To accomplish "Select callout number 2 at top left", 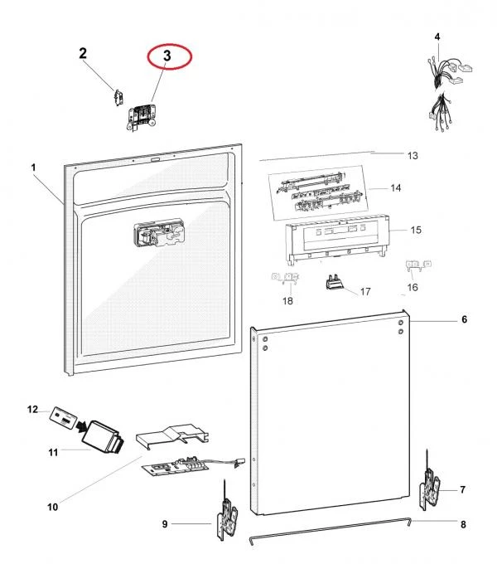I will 83,54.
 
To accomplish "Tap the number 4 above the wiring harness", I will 437,36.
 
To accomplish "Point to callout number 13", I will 413,155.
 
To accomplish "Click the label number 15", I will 417,230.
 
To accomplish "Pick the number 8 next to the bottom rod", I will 463,524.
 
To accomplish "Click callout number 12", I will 33,410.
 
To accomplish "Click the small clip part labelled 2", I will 118,97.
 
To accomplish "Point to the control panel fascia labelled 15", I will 335,241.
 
